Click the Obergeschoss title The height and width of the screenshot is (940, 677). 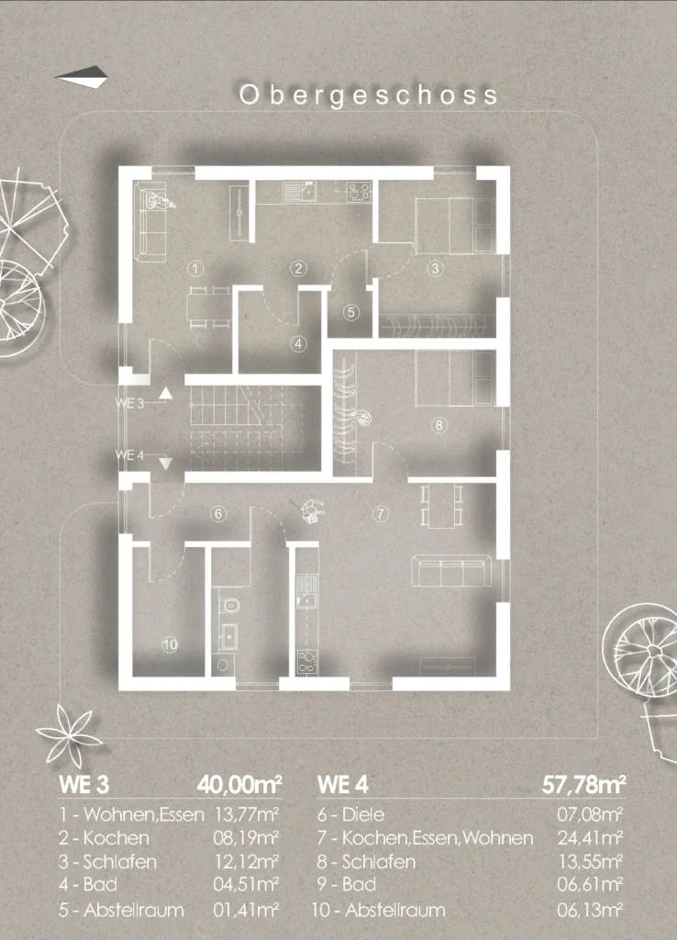click(369, 95)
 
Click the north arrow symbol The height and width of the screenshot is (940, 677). click(82, 77)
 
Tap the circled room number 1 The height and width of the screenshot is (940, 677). click(195, 268)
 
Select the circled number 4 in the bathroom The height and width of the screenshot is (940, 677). click(298, 344)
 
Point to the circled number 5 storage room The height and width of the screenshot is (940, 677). click(351, 312)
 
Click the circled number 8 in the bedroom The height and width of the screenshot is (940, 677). click(439, 425)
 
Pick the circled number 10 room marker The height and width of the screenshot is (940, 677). click(170, 645)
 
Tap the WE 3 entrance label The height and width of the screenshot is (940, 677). click(129, 403)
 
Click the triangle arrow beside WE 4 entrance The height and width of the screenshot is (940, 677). click(165, 464)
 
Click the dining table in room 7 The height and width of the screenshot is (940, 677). click(441, 507)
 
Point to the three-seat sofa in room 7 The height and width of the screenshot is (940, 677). click(451, 571)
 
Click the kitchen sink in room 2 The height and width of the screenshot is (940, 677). click(301, 191)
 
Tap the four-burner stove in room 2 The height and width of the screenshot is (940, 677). click(359, 192)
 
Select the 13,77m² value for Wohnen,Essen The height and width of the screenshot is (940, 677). click(246, 814)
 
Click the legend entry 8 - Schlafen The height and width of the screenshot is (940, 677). click(366, 862)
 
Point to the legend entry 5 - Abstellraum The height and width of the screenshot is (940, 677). click(121, 910)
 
